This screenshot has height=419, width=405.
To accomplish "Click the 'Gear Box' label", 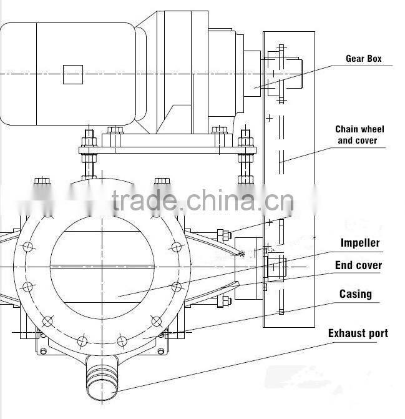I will (364, 59).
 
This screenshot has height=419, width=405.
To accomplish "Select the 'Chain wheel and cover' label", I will (359, 135).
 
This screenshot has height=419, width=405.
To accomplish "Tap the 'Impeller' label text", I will (360, 243).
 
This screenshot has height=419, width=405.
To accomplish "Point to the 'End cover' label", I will (358, 265).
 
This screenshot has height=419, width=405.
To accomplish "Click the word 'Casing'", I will (355, 293).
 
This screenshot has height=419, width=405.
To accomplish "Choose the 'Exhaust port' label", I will (358, 333).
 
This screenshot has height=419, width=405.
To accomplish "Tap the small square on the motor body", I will (72, 74).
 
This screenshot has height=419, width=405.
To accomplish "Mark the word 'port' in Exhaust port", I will (376, 333).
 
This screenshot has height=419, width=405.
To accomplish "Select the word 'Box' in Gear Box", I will (374, 59).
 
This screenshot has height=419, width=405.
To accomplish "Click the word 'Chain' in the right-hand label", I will (346, 129).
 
